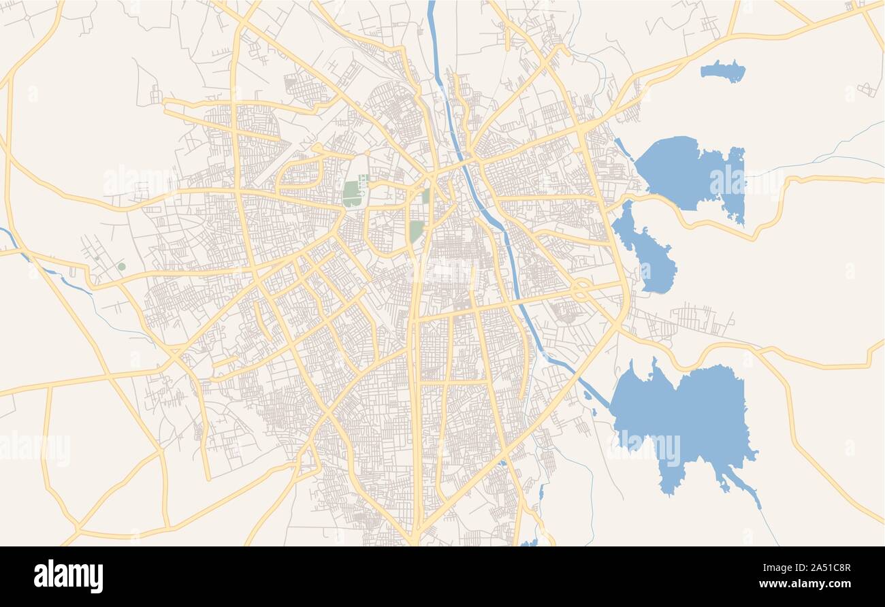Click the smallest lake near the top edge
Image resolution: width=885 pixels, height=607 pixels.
723,70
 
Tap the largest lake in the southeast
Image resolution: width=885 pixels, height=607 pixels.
688,415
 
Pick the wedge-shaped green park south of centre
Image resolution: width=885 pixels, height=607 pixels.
416,231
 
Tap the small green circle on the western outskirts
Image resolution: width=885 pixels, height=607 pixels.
121,267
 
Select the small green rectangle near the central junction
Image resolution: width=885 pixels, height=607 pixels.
425,196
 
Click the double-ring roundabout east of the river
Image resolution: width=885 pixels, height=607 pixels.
580,289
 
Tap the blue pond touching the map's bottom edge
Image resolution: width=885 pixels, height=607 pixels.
529,543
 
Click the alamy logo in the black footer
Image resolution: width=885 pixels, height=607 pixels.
68,576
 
